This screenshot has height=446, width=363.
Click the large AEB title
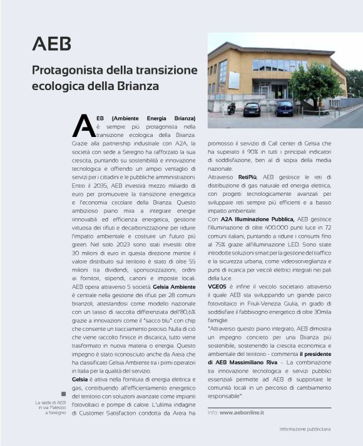click(x=51, y=44)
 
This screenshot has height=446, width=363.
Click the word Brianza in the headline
click(x=137, y=85)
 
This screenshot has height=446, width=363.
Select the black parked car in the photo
click(x=252, y=109)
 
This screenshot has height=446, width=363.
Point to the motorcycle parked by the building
click(x=232, y=108)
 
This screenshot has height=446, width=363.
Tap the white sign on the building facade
click(x=234, y=79)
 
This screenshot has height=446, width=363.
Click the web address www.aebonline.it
click(x=242, y=412)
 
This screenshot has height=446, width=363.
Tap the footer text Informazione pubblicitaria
click(x=305, y=429)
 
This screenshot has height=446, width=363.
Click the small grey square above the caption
click(x=63, y=393)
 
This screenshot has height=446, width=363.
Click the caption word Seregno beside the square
click(x=54, y=413)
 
